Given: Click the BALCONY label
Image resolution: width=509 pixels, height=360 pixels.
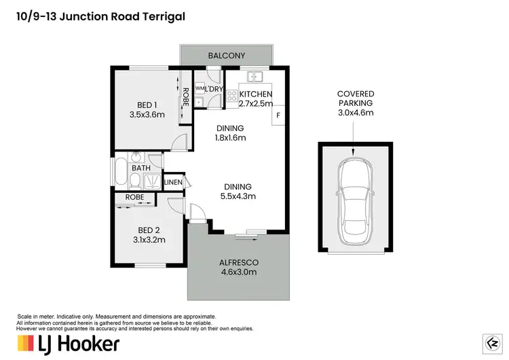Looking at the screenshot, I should (x=227, y=55).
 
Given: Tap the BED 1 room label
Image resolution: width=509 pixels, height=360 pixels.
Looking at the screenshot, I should (x=147, y=105).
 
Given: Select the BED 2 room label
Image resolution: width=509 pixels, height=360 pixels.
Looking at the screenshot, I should (x=149, y=230).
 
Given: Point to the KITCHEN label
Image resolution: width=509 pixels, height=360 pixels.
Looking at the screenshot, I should (x=256, y=94).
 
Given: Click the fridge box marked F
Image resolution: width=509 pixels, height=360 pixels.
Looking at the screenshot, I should (x=278, y=116).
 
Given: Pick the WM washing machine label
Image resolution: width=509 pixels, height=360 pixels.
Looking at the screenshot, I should (x=200, y=89).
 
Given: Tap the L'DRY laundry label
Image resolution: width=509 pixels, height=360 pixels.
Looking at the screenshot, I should (x=214, y=89).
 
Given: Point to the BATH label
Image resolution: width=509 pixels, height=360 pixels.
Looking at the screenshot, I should (x=141, y=168).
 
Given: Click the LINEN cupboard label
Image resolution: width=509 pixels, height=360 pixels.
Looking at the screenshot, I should (x=173, y=182).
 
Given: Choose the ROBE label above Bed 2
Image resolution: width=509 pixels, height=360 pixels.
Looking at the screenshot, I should (x=134, y=198).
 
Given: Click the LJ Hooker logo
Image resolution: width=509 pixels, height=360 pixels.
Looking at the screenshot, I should (x=68, y=343).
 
